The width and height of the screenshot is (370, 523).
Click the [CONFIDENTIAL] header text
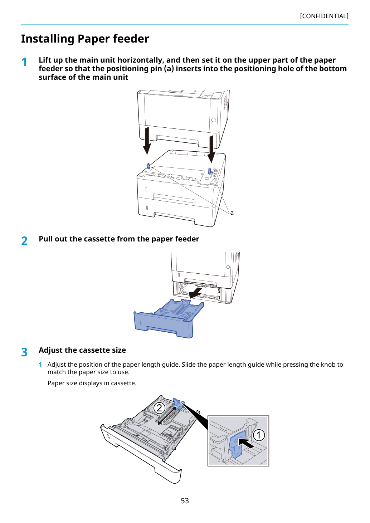click(x=324, y=16)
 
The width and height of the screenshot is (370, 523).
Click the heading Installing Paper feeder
click(x=85, y=39)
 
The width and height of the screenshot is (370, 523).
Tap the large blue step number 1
click(x=24, y=62)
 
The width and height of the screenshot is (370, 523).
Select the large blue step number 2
click(x=24, y=241)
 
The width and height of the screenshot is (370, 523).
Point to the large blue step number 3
click(x=24, y=352)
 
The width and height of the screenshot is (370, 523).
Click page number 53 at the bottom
click(x=185, y=501)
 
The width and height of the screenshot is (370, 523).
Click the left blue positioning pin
click(x=149, y=166)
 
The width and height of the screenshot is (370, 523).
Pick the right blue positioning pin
click(x=210, y=171)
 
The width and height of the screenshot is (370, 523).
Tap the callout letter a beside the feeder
click(x=232, y=213)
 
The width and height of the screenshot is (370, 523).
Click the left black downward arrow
click(x=147, y=141)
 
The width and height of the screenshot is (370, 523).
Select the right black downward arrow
click(x=211, y=149)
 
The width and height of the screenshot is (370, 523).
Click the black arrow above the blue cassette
click(x=195, y=293)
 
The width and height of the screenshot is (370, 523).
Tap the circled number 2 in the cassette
click(x=159, y=408)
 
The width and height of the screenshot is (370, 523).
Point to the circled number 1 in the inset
click(x=259, y=435)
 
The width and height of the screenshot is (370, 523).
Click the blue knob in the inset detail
click(x=238, y=444)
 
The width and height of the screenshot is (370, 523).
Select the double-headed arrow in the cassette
click(x=167, y=416)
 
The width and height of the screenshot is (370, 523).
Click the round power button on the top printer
click(x=214, y=120)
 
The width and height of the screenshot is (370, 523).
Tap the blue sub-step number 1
click(x=40, y=365)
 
